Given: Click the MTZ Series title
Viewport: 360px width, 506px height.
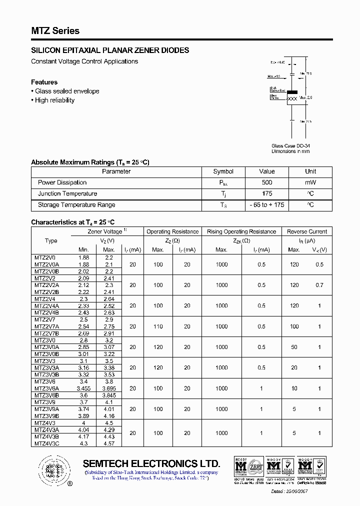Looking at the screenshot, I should pos(55,31).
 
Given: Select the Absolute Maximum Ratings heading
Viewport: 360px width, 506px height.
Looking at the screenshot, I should pos(90,162).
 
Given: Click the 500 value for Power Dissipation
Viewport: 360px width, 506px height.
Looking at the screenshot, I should pos(267,182).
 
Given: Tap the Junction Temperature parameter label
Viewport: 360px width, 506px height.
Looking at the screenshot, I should pos(67,193).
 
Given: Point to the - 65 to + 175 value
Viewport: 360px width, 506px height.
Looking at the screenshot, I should pos(267,204).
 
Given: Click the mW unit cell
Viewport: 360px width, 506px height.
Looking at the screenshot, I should pos(310,182).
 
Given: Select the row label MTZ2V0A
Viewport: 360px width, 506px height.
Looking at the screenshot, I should pos(46,264).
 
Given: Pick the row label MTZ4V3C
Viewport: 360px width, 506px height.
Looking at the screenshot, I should pos(46,443).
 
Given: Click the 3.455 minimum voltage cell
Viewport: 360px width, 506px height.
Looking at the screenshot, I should pos(83,388).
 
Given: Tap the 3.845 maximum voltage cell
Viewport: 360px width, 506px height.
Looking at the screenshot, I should pos(108,394).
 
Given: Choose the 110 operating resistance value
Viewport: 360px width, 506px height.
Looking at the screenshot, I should pos(158,326).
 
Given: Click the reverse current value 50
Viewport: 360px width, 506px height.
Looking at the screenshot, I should pos(294,347).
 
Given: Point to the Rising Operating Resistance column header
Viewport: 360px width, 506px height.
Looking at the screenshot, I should pos(241,231).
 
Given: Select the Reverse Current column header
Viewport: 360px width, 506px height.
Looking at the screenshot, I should pos(307,231).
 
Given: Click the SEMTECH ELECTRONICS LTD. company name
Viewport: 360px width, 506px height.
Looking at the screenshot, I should pos(151,463).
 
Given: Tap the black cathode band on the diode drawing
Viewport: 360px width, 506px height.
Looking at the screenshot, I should pos(292,92).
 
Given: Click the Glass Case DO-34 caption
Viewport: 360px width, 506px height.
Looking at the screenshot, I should pos(290,145).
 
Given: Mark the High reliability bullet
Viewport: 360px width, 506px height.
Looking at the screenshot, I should pos(54,100).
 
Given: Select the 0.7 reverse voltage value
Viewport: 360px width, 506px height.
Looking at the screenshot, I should pos(319,285).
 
